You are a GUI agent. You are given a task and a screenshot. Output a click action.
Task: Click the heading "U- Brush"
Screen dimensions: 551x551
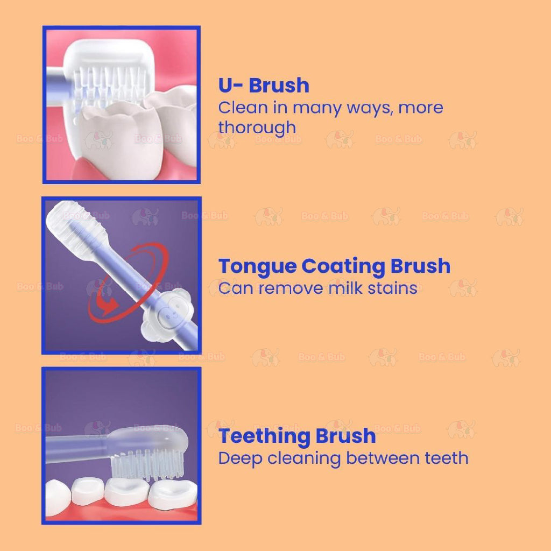(x=264, y=86)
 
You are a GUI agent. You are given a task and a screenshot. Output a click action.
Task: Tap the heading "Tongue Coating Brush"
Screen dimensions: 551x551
(x=334, y=266)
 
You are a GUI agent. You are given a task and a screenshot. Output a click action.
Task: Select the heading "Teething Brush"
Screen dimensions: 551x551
(x=297, y=436)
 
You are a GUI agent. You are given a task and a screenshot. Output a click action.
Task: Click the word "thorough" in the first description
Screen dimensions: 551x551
(x=257, y=128)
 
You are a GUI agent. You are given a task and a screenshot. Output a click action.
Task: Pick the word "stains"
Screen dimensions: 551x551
(x=392, y=288)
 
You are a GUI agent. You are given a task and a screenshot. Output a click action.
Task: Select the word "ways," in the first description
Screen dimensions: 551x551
(x=369, y=108)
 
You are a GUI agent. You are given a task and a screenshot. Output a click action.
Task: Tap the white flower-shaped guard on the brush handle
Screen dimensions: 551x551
(x=164, y=312)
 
